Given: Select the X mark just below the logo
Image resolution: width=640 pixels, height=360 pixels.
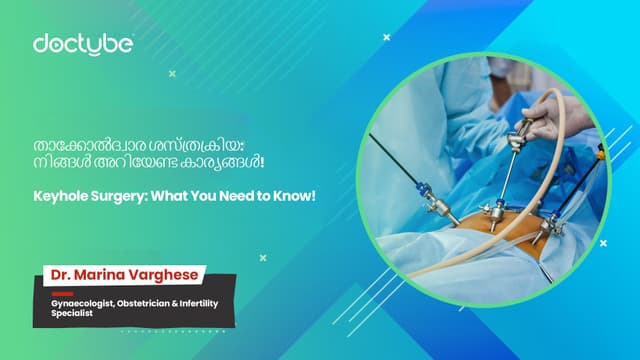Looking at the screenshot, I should [173, 73].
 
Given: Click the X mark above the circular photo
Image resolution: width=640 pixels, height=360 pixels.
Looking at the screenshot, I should [387, 37].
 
